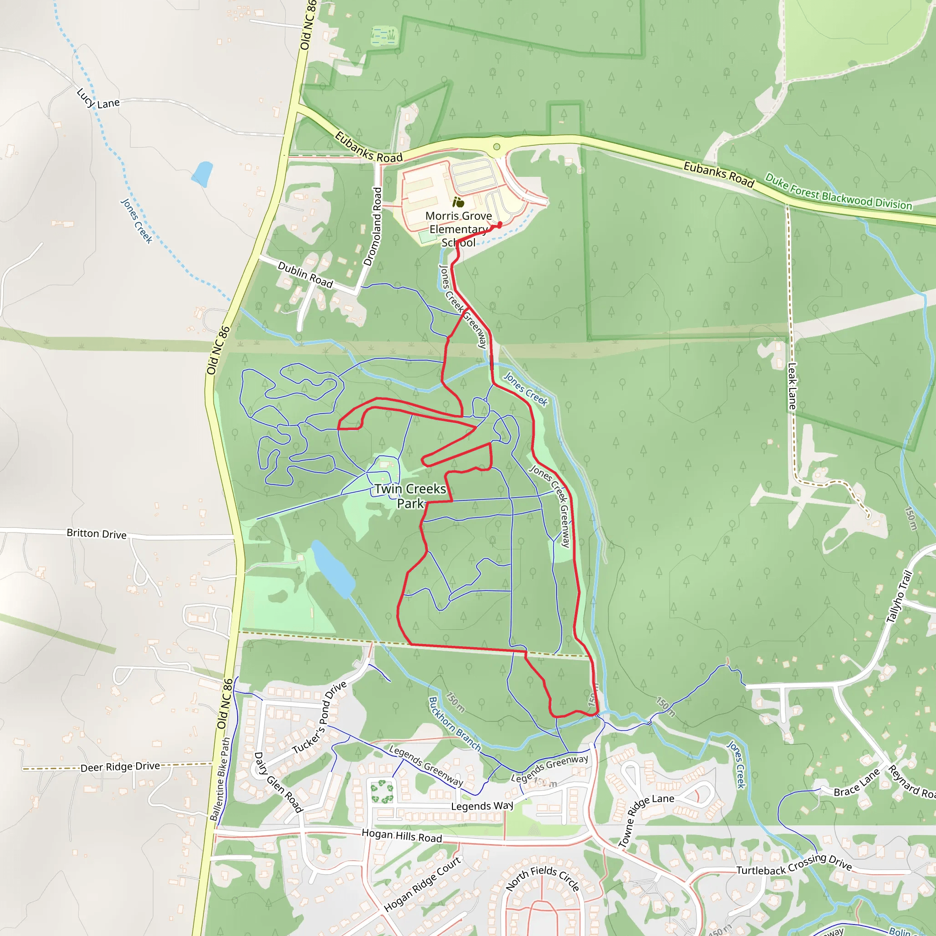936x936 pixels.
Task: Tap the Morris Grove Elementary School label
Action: coord(458,229)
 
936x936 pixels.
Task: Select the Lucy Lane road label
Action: coord(98,100)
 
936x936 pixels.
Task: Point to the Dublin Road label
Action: coord(305,274)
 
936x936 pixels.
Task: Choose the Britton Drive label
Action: coord(96,533)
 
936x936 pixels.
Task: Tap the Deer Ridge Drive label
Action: coord(120,767)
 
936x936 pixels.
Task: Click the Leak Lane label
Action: coord(792,386)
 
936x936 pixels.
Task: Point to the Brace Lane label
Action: coord(856,783)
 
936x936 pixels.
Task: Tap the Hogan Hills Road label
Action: coord(402,835)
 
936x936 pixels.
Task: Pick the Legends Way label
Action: coord(482,806)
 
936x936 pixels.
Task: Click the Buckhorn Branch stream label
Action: coord(454,724)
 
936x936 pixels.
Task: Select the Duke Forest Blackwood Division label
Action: coord(838,192)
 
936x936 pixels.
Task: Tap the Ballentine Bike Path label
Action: coord(220,779)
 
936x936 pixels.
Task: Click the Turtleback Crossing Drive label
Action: coord(794,865)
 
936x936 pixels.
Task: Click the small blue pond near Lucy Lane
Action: coord(202,174)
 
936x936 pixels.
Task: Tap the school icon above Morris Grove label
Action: coord(458,202)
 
